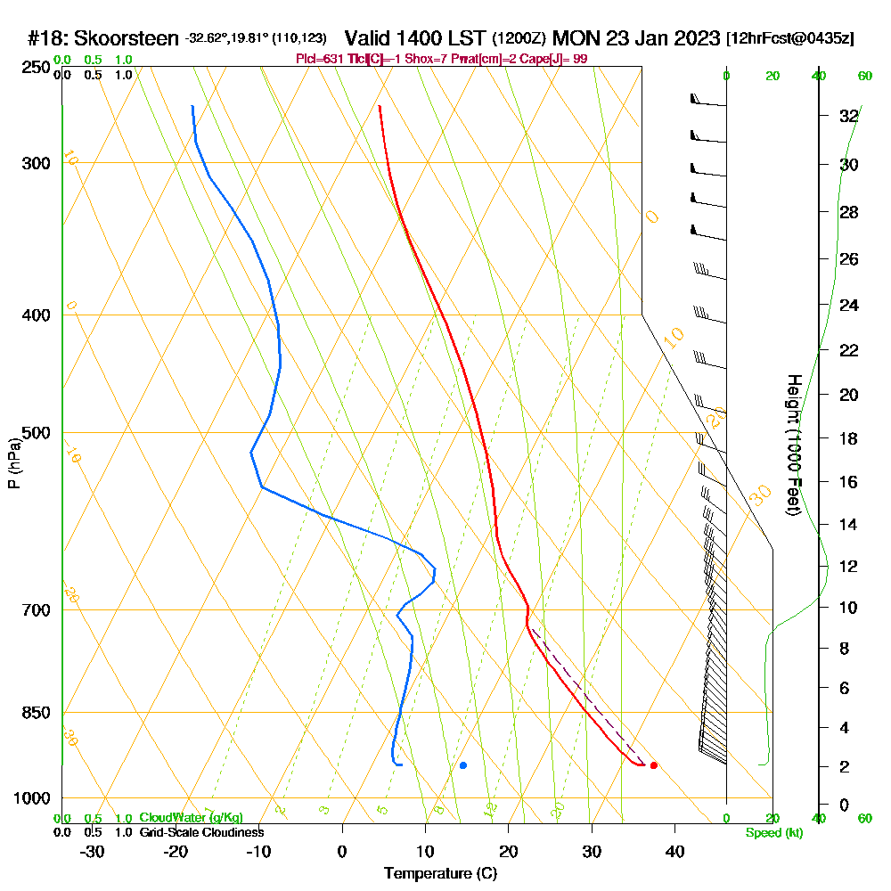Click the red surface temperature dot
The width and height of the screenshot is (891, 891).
654,764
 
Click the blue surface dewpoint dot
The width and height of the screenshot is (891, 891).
463,765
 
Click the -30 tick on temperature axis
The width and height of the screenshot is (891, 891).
93,851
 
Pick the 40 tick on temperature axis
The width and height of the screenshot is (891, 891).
674,851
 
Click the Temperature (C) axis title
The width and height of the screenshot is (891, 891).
440,873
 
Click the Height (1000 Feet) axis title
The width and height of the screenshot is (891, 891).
792,445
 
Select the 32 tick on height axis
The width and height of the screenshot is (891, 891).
848,116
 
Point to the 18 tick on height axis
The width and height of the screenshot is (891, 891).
848,438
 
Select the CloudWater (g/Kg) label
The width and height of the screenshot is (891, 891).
191,818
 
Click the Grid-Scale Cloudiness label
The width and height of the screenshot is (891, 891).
201,832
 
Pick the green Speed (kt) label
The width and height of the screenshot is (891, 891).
774,832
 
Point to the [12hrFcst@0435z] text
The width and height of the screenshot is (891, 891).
790,39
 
